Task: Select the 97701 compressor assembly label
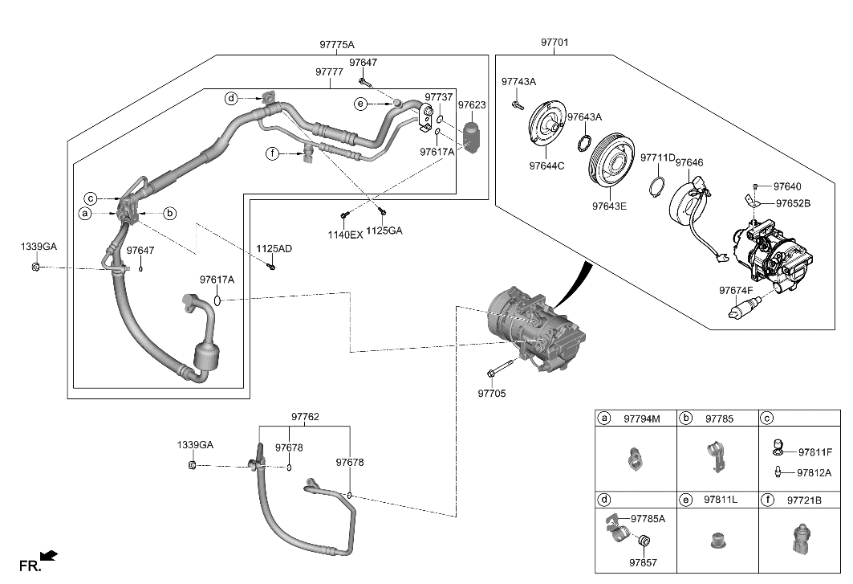click(554, 42)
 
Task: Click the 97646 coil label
click(688, 163)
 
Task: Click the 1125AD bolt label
click(274, 249)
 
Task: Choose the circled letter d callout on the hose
click(231, 99)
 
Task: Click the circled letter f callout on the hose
click(272, 153)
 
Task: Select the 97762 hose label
click(305, 417)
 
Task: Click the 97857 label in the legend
click(642, 563)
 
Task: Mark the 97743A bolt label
click(518, 82)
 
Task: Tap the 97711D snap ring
click(656, 187)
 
